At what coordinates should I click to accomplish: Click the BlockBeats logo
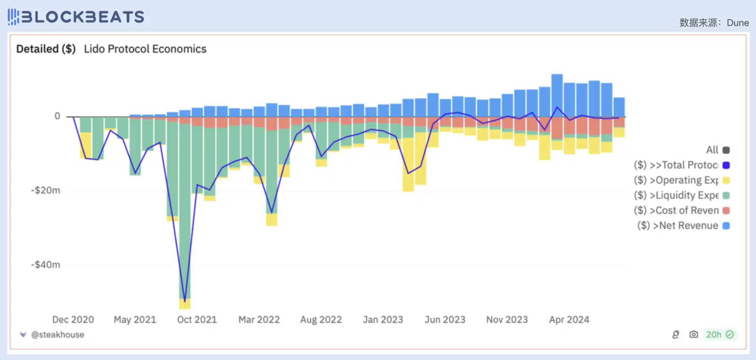pos(76,17)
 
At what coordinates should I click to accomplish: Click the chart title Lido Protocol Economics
pos(145,49)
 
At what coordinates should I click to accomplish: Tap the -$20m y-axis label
pos(46,190)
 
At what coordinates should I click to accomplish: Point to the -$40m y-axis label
pos(46,265)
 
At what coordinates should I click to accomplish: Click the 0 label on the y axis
pos(57,116)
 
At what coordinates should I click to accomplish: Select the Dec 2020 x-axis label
pos(73,320)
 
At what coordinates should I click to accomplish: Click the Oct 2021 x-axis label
pos(197,320)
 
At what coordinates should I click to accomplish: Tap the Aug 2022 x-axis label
pos(321,320)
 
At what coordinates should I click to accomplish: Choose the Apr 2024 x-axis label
pos(569,320)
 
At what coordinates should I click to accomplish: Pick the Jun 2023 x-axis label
pos(445,320)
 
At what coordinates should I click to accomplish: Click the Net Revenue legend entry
pos(683,226)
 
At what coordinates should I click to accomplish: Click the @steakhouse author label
pos(58,335)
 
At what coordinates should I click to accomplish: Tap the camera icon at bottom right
pos(693,334)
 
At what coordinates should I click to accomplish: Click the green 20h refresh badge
pos(720,334)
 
